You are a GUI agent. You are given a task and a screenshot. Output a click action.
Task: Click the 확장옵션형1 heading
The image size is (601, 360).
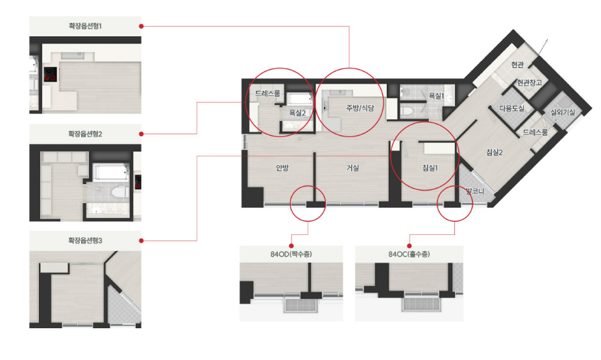pos(85,26)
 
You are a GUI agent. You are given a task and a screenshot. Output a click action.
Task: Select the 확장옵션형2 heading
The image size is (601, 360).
pos(85,134)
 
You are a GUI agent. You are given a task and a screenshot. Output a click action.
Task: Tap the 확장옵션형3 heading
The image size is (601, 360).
pos(85,241)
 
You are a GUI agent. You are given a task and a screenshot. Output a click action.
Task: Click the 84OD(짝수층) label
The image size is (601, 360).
pos(291,254)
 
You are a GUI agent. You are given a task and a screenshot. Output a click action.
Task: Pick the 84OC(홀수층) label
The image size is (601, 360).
pos(409,254)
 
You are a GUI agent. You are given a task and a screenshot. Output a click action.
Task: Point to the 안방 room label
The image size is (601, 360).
pos(282,168)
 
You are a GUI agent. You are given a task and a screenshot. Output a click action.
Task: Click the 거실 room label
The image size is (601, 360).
pos(352,168)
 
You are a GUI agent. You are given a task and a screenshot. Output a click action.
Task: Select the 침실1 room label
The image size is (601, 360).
pos(430,168)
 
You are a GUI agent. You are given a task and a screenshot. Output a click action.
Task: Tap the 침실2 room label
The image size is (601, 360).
pos(495,152)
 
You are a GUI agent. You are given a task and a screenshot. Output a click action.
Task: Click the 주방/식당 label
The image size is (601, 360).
pos(360,108)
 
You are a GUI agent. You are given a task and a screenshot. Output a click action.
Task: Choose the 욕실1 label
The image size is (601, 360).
pos(436,96)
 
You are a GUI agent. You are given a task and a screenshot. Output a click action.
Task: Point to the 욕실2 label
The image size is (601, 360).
pos(297,113)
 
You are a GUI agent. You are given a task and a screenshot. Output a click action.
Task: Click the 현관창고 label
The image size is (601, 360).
pos(530,82)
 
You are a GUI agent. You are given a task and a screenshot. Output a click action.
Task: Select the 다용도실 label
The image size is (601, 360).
pos(511,108)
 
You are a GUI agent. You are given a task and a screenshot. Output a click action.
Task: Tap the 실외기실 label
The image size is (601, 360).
pos(563,112)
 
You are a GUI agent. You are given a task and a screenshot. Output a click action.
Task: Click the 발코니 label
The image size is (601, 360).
pos(475,191)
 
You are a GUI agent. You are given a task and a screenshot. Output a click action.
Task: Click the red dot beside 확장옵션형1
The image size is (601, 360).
pos(141,26)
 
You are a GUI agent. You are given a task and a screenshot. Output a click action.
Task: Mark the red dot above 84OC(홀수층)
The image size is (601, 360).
pos(410,246)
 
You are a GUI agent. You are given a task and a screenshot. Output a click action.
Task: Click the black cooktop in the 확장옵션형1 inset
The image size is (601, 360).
pos(51,75)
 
